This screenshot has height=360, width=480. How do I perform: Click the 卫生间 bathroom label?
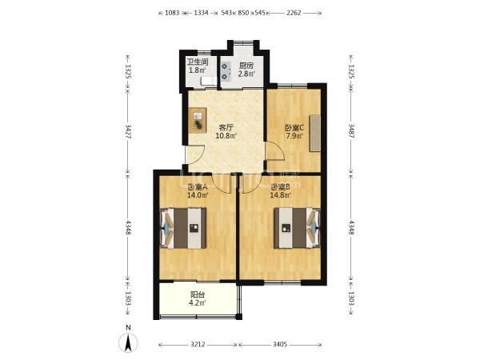click(x=198, y=62)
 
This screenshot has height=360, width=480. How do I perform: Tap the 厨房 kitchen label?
click(x=246, y=66)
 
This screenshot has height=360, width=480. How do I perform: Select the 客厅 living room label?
click(x=226, y=127)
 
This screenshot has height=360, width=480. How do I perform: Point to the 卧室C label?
click(x=294, y=127)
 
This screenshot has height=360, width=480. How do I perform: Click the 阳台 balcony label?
click(x=198, y=294)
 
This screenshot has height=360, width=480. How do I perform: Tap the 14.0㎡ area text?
click(x=198, y=195)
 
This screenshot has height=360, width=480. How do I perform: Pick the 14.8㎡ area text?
click(x=280, y=195)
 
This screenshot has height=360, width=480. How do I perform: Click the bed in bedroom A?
click(x=183, y=228)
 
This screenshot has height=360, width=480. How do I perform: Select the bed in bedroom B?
click(x=297, y=228)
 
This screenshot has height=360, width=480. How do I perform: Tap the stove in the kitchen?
click(x=226, y=71)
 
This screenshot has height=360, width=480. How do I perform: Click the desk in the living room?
click(x=198, y=120)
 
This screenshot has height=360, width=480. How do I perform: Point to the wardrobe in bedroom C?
click(x=314, y=133)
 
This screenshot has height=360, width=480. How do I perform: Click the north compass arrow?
click(x=128, y=342)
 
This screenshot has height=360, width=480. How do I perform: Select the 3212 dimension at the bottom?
click(x=198, y=344)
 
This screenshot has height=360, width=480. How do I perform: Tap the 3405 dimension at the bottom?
click(x=280, y=344)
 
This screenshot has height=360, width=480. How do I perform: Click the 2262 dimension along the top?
click(x=294, y=13)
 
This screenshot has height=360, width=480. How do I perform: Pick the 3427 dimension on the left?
click(x=128, y=131)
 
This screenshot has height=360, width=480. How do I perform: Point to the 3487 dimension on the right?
click(x=351, y=131)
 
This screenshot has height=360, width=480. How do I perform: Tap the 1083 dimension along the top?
click(x=172, y=13)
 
